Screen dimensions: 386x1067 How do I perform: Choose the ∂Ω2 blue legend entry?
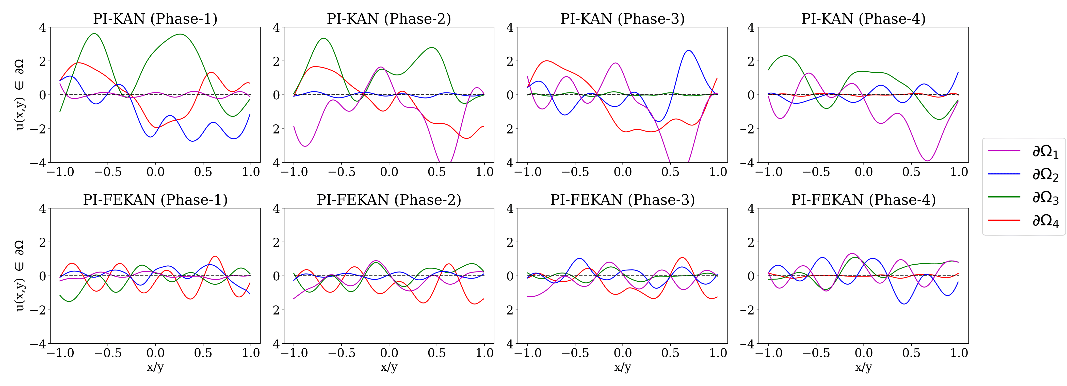[1023, 175]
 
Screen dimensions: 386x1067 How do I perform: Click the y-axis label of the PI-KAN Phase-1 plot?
[20, 94]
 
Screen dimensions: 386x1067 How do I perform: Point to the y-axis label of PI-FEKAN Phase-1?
[20, 276]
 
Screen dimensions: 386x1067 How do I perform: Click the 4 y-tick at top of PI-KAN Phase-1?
[42, 28]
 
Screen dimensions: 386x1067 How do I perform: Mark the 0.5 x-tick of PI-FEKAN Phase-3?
[670, 353]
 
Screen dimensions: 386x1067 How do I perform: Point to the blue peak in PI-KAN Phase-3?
[688, 51]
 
